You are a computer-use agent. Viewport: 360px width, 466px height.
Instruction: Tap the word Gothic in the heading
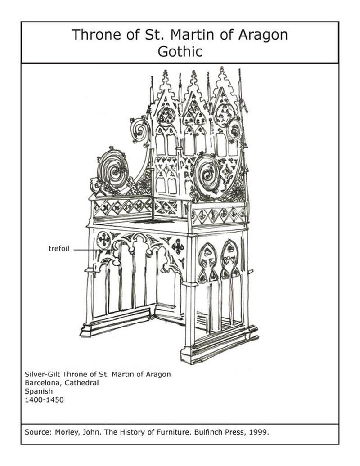[180, 51]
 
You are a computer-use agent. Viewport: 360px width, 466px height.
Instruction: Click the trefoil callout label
[59, 249]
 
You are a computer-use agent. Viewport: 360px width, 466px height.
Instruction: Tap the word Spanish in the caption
[39, 391]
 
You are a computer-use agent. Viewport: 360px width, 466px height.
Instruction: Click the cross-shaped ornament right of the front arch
[178, 246]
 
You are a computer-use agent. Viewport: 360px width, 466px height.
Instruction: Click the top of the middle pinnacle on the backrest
[194, 73]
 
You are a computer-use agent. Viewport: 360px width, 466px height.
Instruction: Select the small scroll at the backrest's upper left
[140, 130]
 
